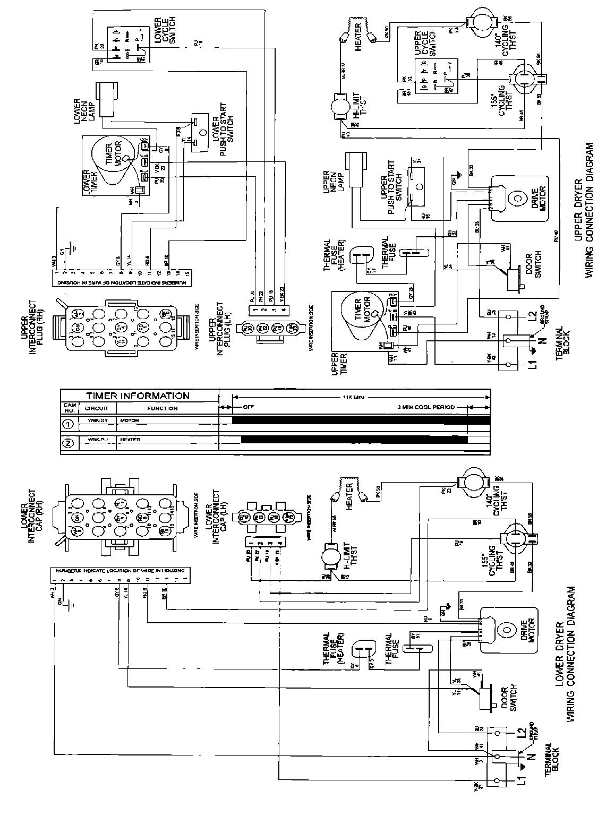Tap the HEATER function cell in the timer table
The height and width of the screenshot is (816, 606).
point(130,440)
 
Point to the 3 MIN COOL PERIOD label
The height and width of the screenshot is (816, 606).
point(426,408)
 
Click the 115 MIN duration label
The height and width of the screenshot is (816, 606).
point(355,397)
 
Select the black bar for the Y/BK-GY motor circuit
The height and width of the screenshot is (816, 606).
point(361,420)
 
